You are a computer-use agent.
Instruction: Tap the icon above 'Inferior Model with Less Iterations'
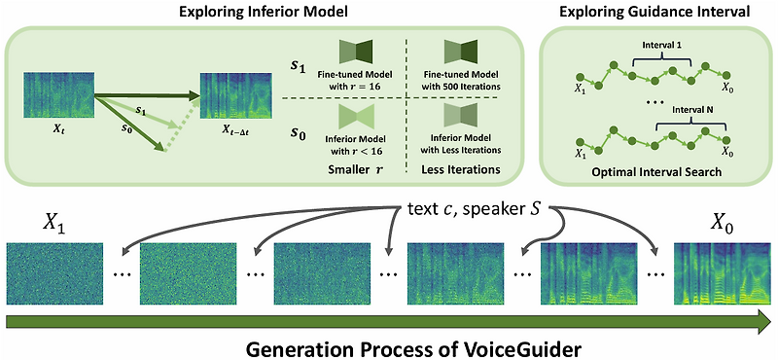point(465,118)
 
